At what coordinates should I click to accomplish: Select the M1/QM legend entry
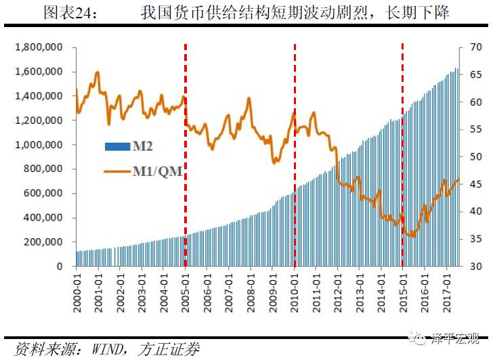(x=144, y=171)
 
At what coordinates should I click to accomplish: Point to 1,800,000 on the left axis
(x=39, y=47)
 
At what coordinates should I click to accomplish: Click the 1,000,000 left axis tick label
(x=39, y=145)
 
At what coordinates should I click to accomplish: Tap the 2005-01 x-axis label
(x=186, y=287)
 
